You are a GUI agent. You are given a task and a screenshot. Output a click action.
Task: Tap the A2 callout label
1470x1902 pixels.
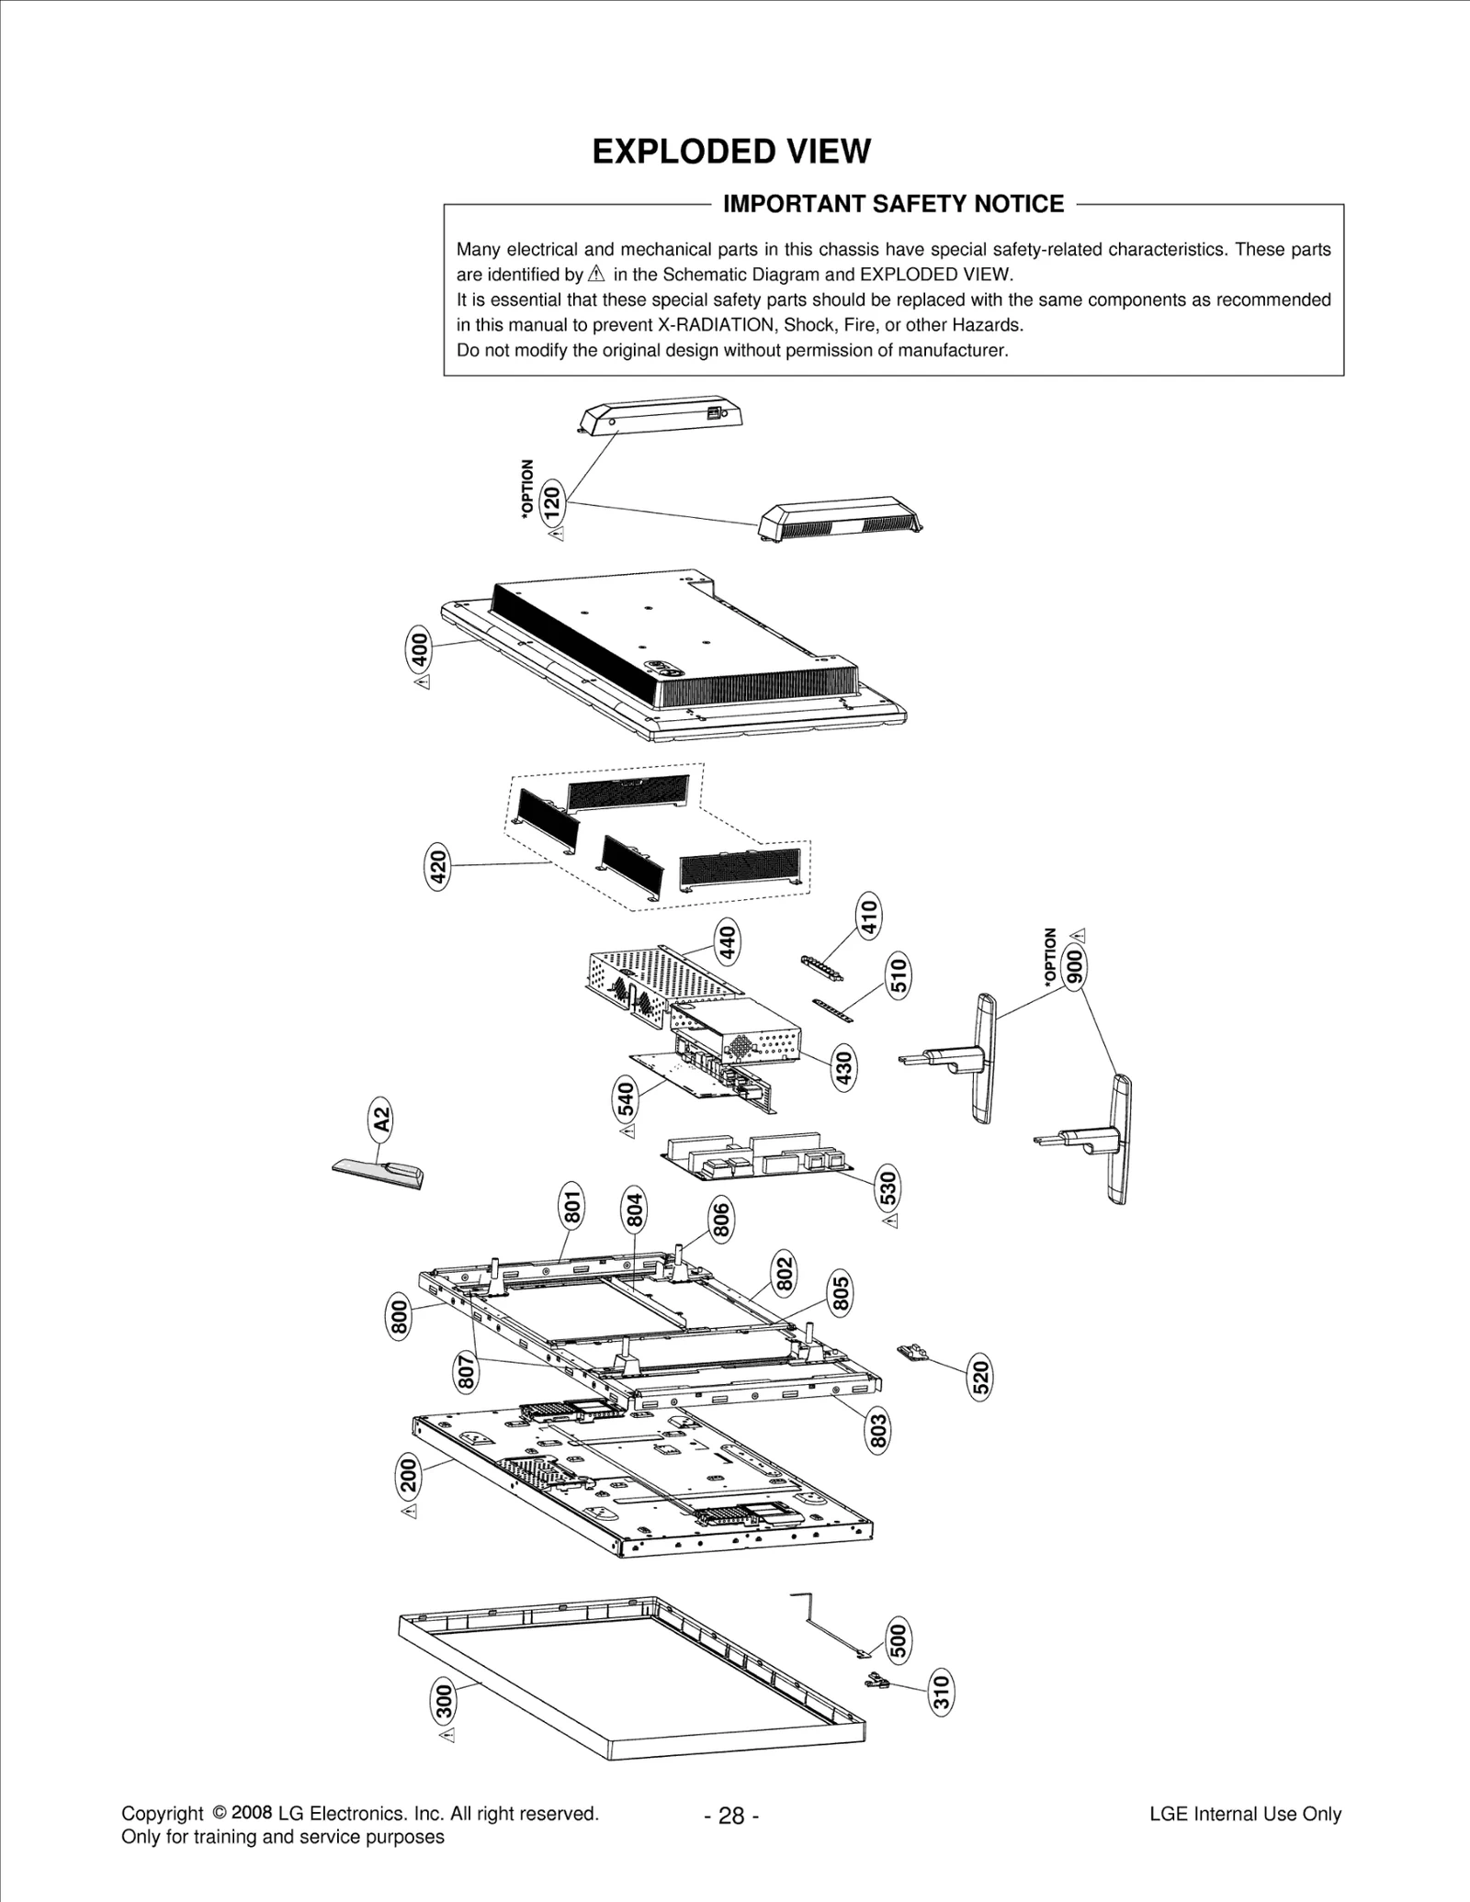tap(380, 1120)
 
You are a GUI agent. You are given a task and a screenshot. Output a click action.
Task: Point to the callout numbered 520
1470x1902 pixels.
tap(981, 1378)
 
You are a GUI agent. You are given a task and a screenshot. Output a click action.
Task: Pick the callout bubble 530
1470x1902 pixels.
tap(888, 1188)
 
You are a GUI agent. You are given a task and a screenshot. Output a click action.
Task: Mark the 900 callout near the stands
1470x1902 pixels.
tap(1074, 965)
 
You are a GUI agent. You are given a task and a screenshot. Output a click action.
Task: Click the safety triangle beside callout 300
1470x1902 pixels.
tap(447, 1737)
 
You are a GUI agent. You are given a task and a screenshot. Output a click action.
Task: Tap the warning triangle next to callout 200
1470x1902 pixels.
tap(410, 1511)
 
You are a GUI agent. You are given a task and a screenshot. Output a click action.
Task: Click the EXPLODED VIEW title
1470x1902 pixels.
tap(730, 152)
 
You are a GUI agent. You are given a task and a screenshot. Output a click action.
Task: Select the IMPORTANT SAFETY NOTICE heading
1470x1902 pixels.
tap(893, 204)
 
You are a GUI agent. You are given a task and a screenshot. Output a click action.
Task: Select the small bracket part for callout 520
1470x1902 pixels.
tap(913, 1351)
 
